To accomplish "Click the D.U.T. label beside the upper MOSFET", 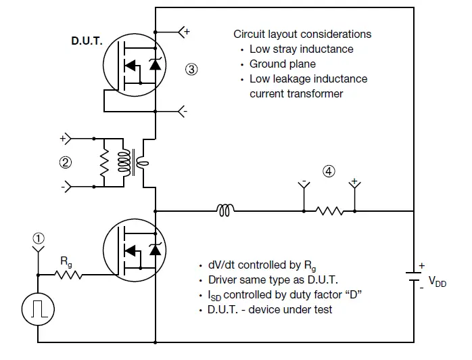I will click(87, 41).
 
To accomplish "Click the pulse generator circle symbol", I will click(38, 309).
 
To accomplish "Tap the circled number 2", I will click(66, 162).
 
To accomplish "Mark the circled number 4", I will click(329, 171).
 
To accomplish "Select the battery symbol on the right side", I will click(413, 277).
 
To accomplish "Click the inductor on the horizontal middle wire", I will click(226, 211).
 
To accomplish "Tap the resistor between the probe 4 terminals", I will click(329, 211).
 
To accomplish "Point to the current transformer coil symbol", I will click(133, 162).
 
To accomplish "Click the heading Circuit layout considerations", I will click(302, 34).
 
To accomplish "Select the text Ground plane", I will click(283, 64).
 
